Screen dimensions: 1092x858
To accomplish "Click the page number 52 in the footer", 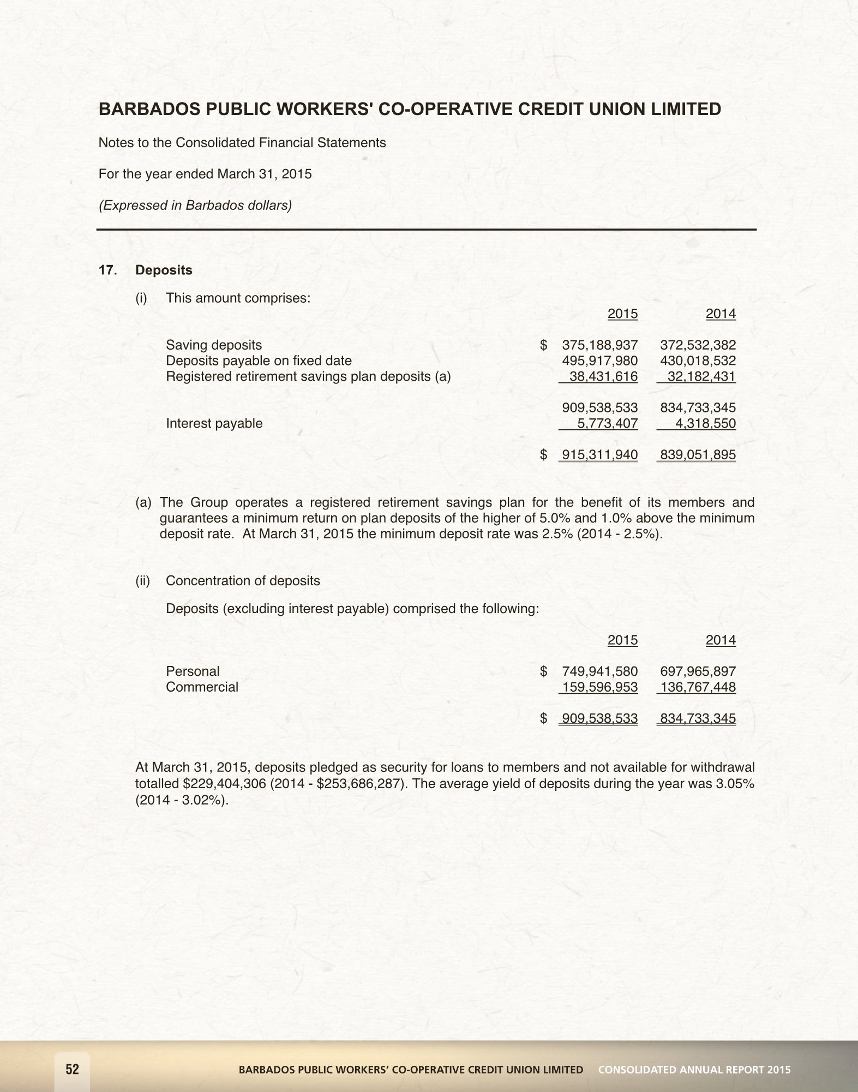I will coord(73,1069).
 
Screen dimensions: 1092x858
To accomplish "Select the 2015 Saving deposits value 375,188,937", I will coord(599,345).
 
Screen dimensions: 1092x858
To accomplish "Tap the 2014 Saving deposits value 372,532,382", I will coord(698,345).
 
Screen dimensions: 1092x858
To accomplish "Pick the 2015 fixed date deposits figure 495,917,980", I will coord(599,361).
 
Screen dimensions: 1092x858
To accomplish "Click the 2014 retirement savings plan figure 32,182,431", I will coord(701,377).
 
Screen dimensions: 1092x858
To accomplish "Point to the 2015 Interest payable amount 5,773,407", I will coord(607,424).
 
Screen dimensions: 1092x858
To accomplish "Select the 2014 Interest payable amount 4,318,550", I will coord(705,424).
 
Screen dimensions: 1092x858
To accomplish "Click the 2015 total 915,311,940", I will coord(599,455).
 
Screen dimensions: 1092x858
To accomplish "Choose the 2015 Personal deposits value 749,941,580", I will coord(599,671).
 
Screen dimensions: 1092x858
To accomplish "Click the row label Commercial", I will coord(202,687).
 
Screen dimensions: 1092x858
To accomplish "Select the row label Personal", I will coord(193,671).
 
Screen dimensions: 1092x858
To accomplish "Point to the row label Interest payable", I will coord(214,424).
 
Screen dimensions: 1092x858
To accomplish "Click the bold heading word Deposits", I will coord(164,271).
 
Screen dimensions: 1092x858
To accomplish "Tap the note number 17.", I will coord(107,271).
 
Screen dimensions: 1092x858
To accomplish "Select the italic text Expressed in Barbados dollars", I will coord(195,206).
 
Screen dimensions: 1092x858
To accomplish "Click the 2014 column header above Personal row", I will coord(721,640).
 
